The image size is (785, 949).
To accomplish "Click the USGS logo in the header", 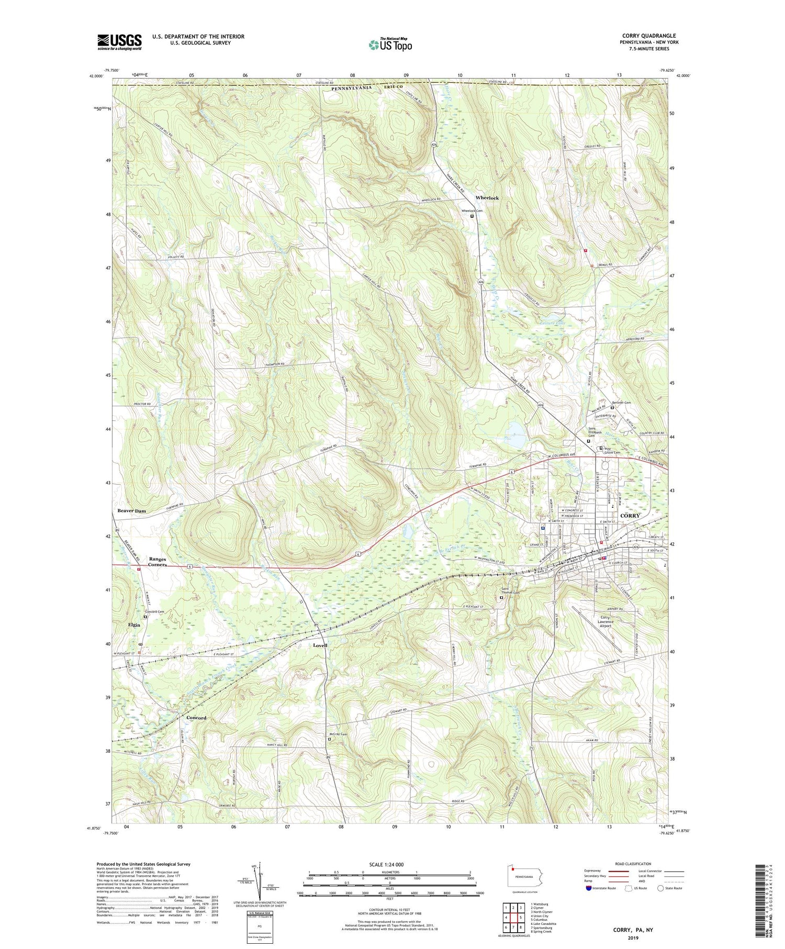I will pyautogui.click(x=119, y=42).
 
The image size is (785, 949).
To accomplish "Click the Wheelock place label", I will pyautogui.click(x=487, y=197).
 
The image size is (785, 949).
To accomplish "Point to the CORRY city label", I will pyautogui.click(x=630, y=516).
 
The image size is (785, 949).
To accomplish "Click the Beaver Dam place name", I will pyautogui.click(x=131, y=510).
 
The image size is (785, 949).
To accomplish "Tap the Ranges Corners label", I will pyautogui.click(x=158, y=562).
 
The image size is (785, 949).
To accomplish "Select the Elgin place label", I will pyautogui.click(x=134, y=625).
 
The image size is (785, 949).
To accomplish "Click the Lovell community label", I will pyautogui.click(x=320, y=645).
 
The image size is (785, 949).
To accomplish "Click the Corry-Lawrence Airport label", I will pyautogui.click(x=605, y=621).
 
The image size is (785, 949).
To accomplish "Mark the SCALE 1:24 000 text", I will pyautogui.click(x=389, y=864).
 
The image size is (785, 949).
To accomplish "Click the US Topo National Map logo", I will pyautogui.click(x=390, y=44).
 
